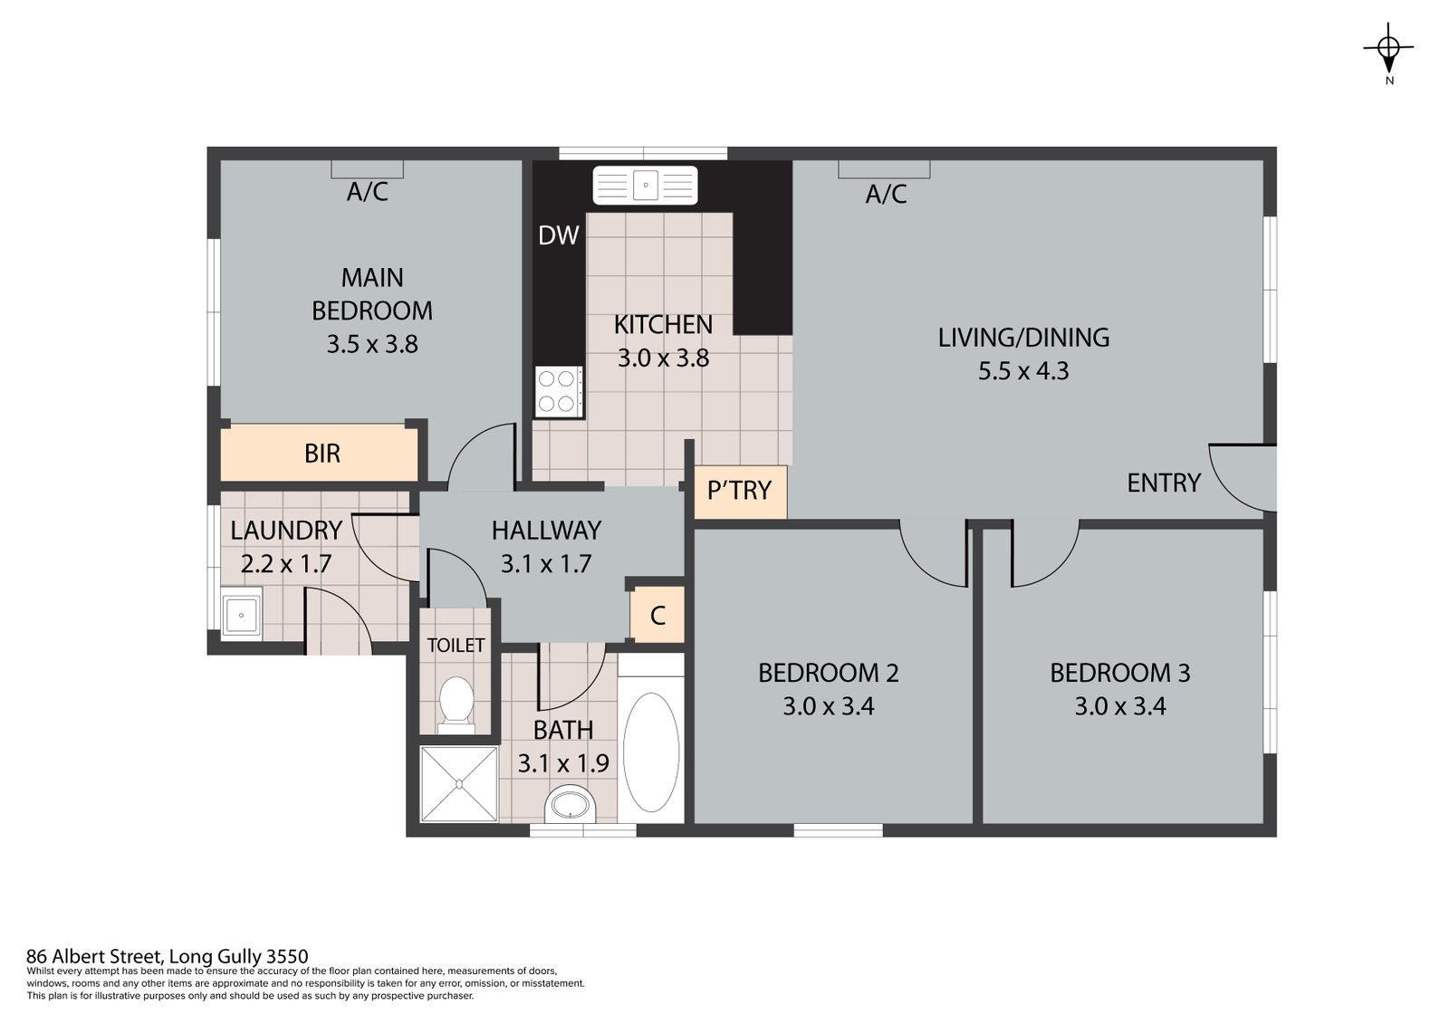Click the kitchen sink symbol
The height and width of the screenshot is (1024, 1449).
click(645, 186)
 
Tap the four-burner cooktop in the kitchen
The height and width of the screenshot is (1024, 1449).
click(558, 391)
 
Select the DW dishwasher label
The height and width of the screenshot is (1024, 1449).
click(558, 235)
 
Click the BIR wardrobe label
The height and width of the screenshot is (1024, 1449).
click(322, 454)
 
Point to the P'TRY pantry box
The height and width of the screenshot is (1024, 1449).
click(740, 492)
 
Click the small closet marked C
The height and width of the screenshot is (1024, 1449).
click(657, 615)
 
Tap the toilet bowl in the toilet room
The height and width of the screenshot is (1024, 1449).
click(456, 703)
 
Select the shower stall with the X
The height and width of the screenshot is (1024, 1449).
click(458, 784)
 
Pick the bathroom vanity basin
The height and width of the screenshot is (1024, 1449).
click(570, 805)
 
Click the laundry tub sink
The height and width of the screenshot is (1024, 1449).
click(241, 613)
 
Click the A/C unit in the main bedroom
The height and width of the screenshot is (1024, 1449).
click(368, 169)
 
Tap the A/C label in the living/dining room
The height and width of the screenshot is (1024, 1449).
click(886, 194)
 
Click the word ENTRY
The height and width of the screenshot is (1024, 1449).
click(1164, 483)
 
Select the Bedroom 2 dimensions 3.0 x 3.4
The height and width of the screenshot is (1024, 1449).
click(829, 706)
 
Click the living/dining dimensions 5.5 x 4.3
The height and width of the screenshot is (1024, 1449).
click(1023, 371)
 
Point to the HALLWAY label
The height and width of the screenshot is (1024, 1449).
click(547, 531)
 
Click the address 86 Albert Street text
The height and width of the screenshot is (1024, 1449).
click(97, 956)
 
